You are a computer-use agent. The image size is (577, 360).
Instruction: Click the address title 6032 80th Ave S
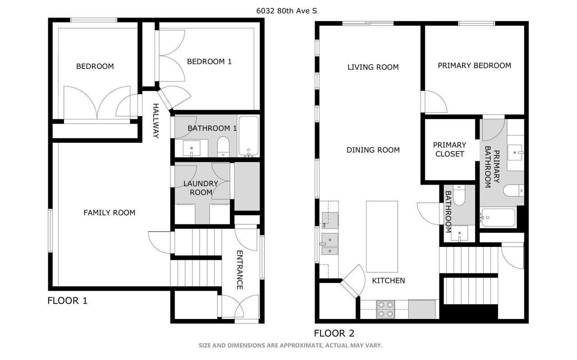[x=286, y=11]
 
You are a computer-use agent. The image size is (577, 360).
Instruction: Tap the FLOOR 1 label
[x=68, y=301]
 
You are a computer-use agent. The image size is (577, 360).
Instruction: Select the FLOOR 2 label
[x=334, y=333]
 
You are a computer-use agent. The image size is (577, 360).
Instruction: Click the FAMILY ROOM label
[x=110, y=213]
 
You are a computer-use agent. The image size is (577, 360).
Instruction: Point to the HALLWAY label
[x=156, y=121]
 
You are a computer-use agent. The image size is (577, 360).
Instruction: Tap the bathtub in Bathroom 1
[x=248, y=136]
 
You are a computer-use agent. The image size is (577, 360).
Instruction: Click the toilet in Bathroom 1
[x=223, y=146]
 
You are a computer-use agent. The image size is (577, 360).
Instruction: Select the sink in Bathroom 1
[x=192, y=149]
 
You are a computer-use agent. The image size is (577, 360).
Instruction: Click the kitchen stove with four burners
[x=385, y=309]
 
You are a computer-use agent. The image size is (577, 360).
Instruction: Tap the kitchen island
[x=382, y=237]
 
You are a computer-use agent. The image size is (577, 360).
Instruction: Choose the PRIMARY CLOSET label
[x=449, y=149]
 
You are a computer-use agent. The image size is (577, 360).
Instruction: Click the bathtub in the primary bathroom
[x=498, y=218]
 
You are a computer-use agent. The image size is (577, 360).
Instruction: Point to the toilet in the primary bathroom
[x=513, y=191]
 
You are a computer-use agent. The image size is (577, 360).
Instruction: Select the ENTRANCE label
[x=239, y=270]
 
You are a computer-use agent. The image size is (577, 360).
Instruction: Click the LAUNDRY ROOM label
[x=201, y=188]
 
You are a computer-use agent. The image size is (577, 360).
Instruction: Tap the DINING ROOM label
[x=373, y=150]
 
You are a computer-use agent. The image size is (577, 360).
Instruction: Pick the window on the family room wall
[x=50, y=231]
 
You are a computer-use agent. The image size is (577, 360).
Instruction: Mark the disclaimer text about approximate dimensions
[x=291, y=345]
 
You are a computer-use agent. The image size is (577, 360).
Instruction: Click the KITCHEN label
[x=389, y=280]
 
